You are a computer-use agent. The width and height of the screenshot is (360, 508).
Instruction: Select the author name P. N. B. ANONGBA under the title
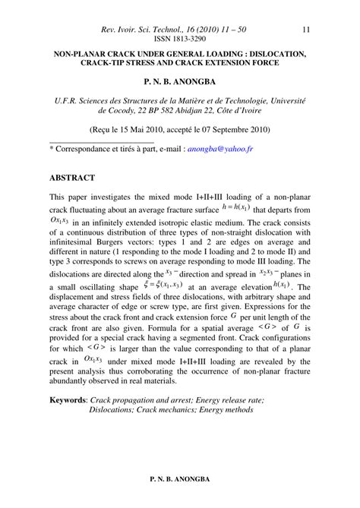tap(180, 78)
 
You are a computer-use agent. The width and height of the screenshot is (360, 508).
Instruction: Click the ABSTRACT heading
tap(72, 178)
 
